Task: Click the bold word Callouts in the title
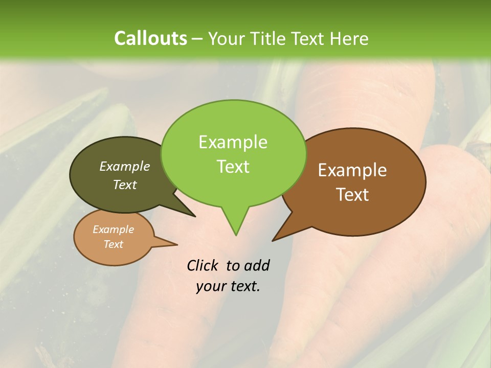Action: click(150, 38)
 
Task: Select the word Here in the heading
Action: click(349, 38)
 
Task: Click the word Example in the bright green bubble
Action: click(233, 142)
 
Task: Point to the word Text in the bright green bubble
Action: click(233, 167)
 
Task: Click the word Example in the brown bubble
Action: click(352, 170)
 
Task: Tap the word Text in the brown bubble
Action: click(352, 195)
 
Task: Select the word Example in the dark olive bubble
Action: click(125, 166)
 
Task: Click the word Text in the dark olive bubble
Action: click(125, 185)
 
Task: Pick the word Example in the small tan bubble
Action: click(113, 229)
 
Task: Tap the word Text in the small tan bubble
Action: click(113, 244)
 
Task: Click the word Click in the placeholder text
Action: click(203, 266)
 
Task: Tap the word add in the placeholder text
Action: click(257, 266)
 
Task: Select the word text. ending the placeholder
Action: click(243, 286)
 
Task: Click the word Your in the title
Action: click(227, 38)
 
